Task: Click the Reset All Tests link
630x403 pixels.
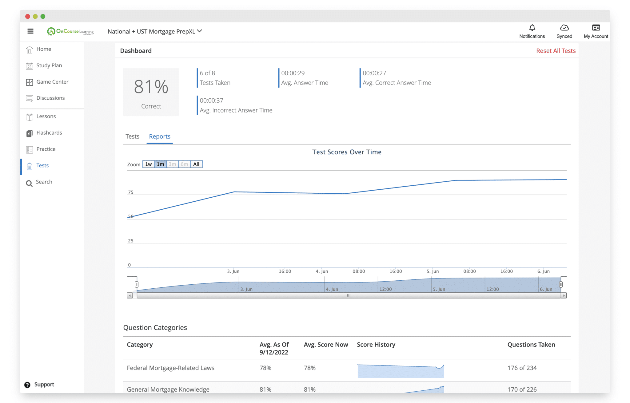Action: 556,51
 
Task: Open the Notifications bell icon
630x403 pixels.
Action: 532,28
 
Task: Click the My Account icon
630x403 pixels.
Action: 596,28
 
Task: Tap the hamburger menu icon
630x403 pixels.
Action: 30,31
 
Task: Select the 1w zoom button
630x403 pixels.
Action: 149,164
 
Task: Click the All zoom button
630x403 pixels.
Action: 196,164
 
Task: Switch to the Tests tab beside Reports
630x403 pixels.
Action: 132,136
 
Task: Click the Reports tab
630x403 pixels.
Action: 160,136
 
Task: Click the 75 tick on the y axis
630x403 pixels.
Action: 131,192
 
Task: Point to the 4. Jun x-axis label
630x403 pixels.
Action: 322,271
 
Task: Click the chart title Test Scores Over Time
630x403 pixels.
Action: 347,152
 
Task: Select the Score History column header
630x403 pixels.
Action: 376,345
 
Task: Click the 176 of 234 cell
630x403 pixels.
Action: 522,368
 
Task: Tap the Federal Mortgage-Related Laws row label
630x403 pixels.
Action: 170,368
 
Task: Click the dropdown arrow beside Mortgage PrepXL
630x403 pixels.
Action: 199,31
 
